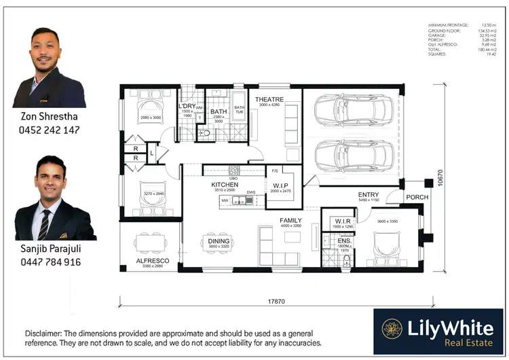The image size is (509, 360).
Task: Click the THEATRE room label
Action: (269, 100)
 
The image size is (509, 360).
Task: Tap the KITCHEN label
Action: (225, 185)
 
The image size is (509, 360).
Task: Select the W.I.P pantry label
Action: (280, 185)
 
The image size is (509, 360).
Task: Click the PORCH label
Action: (417, 198)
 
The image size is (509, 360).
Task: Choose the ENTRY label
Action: (369, 196)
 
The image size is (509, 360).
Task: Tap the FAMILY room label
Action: (290, 221)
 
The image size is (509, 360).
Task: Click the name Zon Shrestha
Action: (48, 117)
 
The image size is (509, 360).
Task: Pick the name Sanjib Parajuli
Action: (52, 249)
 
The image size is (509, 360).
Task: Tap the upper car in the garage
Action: (353, 109)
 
